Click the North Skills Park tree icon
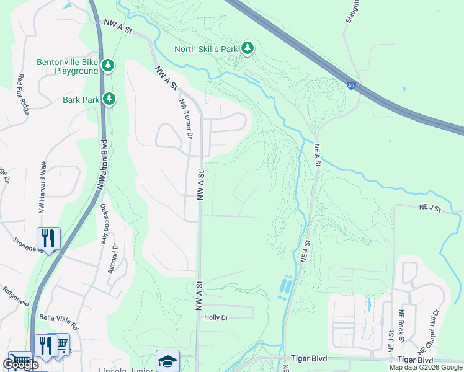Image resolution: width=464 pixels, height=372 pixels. (x=248, y=48)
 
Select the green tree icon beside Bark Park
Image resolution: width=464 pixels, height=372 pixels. (x=109, y=99)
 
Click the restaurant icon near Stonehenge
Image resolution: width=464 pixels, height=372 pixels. (x=48, y=237)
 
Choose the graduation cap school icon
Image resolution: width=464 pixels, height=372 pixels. (x=167, y=361)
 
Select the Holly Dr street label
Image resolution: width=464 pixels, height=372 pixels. (x=216, y=317)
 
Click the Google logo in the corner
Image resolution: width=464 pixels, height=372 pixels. (x=20, y=365)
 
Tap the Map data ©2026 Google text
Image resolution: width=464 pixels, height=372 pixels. (x=426, y=367)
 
